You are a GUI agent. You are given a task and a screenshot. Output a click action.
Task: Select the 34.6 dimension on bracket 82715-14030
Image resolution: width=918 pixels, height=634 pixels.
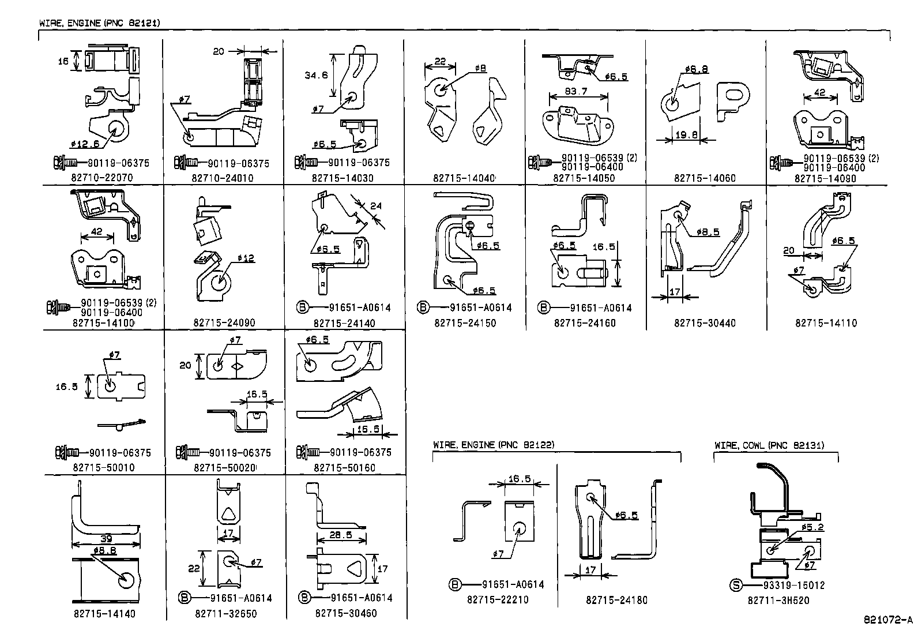315,75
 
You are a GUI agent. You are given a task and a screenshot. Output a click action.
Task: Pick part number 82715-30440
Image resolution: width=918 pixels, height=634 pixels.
705,323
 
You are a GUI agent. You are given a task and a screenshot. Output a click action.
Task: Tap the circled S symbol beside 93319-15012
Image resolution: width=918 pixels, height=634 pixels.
736,585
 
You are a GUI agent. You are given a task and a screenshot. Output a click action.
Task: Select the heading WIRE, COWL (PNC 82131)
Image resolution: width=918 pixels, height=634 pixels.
769,445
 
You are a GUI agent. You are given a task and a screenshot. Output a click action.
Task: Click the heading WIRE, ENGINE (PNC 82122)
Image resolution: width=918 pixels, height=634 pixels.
494,445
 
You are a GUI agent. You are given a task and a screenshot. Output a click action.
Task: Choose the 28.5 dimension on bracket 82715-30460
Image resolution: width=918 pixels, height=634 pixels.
340,535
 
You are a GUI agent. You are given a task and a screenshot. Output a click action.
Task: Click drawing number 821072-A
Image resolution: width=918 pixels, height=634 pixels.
888,620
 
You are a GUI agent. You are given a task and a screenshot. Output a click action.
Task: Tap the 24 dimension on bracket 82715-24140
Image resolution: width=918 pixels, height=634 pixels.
376,205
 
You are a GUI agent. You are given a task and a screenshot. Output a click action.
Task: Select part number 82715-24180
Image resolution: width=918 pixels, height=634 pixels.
616,600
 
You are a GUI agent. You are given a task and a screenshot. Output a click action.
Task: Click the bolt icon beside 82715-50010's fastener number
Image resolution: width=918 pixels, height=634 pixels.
63,452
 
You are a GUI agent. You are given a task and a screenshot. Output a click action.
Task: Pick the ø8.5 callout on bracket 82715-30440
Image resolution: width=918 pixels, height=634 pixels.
708,232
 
